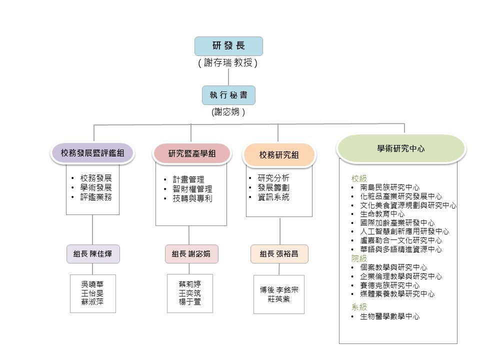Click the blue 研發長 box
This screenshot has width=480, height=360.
pyautogui.click(x=228, y=46)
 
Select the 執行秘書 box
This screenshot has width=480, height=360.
pyautogui.click(x=228, y=95)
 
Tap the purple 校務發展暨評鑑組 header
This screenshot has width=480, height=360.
pyautogui.click(x=92, y=153)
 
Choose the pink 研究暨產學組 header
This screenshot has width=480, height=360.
pyautogui.click(x=192, y=153)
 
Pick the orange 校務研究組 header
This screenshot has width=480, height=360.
pyautogui.click(x=279, y=155)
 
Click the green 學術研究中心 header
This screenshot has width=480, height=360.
pyautogui.click(x=401, y=148)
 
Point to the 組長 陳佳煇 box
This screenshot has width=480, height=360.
pyautogui.click(x=93, y=254)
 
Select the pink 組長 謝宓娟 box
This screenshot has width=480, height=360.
pyautogui.click(x=191, y=254)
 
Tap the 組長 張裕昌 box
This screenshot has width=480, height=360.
pyautogui.click(x=279, y=254)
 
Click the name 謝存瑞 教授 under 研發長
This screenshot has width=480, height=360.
pyautogui.click(x=228, y=63)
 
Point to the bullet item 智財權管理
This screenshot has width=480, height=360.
pyautogui.click(x=192, y=189)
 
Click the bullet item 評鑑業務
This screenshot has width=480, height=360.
pyautogui.click(x=96, y=197)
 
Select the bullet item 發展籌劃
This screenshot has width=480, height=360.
pyautogui.click(x=273, y=187)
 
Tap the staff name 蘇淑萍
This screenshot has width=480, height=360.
pyautogui.click(x=92, y=302)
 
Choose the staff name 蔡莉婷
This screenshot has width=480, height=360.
pyautogui.click(x=190, y=284)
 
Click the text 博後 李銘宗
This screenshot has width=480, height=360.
pyautogui.click(x=279, y=290)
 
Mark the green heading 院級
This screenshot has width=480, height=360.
pyautogui.click(x=359, y=258)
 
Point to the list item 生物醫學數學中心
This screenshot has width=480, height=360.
pyautogui.click(x=389, y=316)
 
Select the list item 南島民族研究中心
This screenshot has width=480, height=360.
pyautogui.click(x=389, y=187)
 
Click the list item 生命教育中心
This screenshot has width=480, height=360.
pyautogui.click(x=382, y=214)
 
